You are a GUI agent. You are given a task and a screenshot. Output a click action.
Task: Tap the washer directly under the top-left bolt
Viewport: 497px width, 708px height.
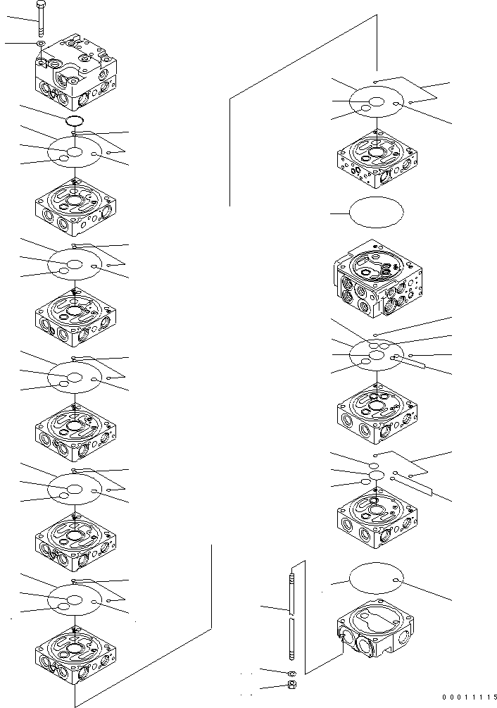point(42,44)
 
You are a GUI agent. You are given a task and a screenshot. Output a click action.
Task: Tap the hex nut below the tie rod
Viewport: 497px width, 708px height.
point(292,685)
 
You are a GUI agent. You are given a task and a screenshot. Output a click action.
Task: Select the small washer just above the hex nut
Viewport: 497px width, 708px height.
point(291,673)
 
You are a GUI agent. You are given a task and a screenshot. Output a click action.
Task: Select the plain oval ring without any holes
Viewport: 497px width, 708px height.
point(377,212)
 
